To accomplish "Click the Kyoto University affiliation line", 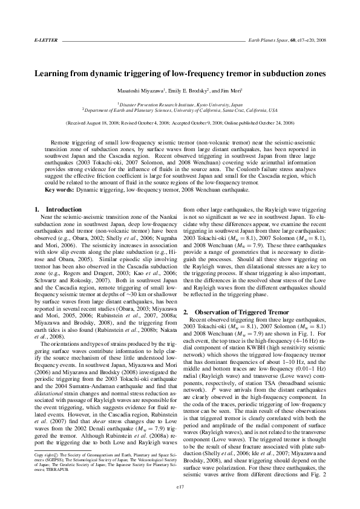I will [x=180, y=104].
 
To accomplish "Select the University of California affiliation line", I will [x=180, y=111].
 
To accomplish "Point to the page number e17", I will [x=180, y=485].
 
